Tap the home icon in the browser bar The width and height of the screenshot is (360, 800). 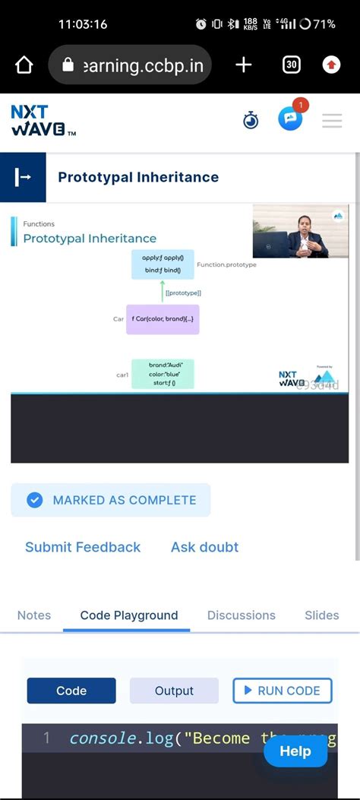click(24, 65)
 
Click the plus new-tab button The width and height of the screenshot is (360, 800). click(243, 65)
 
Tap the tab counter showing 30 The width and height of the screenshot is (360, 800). click(291, 65)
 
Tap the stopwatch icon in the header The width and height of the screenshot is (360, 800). click(251, 120)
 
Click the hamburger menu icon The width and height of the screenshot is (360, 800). click(332, 121)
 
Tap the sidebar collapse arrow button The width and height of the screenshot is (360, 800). click(23, 177)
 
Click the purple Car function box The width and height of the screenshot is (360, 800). click(163, 319)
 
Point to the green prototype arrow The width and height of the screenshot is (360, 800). click(162, 289)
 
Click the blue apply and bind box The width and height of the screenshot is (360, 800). click(163, 264)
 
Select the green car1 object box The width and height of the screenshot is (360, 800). click(163, 374)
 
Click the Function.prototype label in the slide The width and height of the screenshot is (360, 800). click(226, 265)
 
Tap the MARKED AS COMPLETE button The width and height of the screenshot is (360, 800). click(111, 500)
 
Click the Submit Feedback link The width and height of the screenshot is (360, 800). click(83, 547)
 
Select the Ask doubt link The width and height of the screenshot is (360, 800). click(204, 547)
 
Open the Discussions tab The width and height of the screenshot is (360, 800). click(242, 615)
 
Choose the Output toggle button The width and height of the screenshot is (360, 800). click(174, 691)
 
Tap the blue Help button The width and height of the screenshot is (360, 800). click(295, 751)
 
